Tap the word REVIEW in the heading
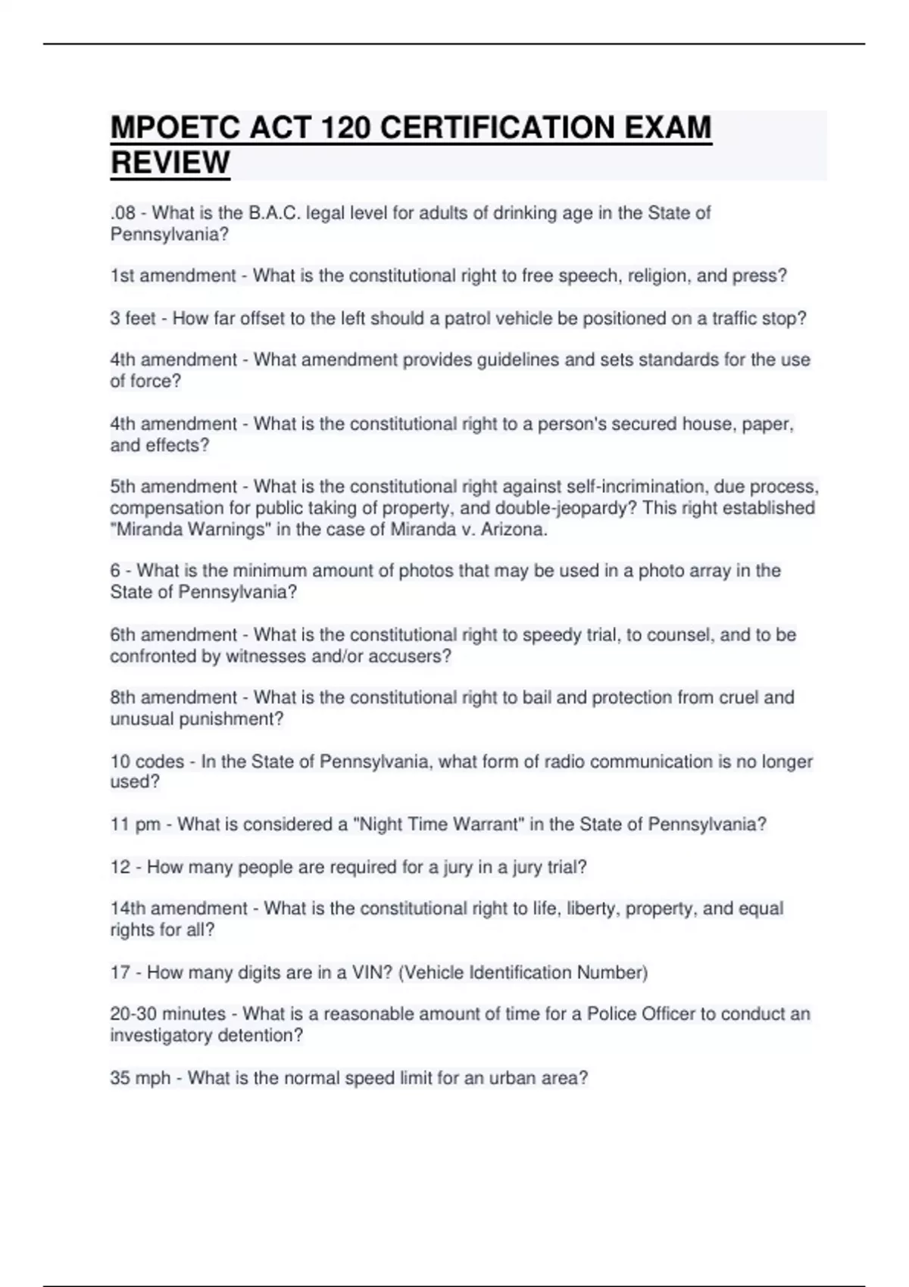pos(170,163)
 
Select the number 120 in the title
pos(345,128)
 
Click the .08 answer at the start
pos(122,213)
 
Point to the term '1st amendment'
pos(173,276)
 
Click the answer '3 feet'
pos(133,319)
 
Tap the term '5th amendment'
pos(173,487)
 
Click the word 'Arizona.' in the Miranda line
pos(514,530)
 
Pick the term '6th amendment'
pos(173,635)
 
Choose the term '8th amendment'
pos(173,697)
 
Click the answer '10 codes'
pos(147,762)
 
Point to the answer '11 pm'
pos(135,824)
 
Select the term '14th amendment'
pos(179,908)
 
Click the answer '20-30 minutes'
pos(167,1014)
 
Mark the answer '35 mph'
pos(140,1078)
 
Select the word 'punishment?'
pos(230,719)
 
